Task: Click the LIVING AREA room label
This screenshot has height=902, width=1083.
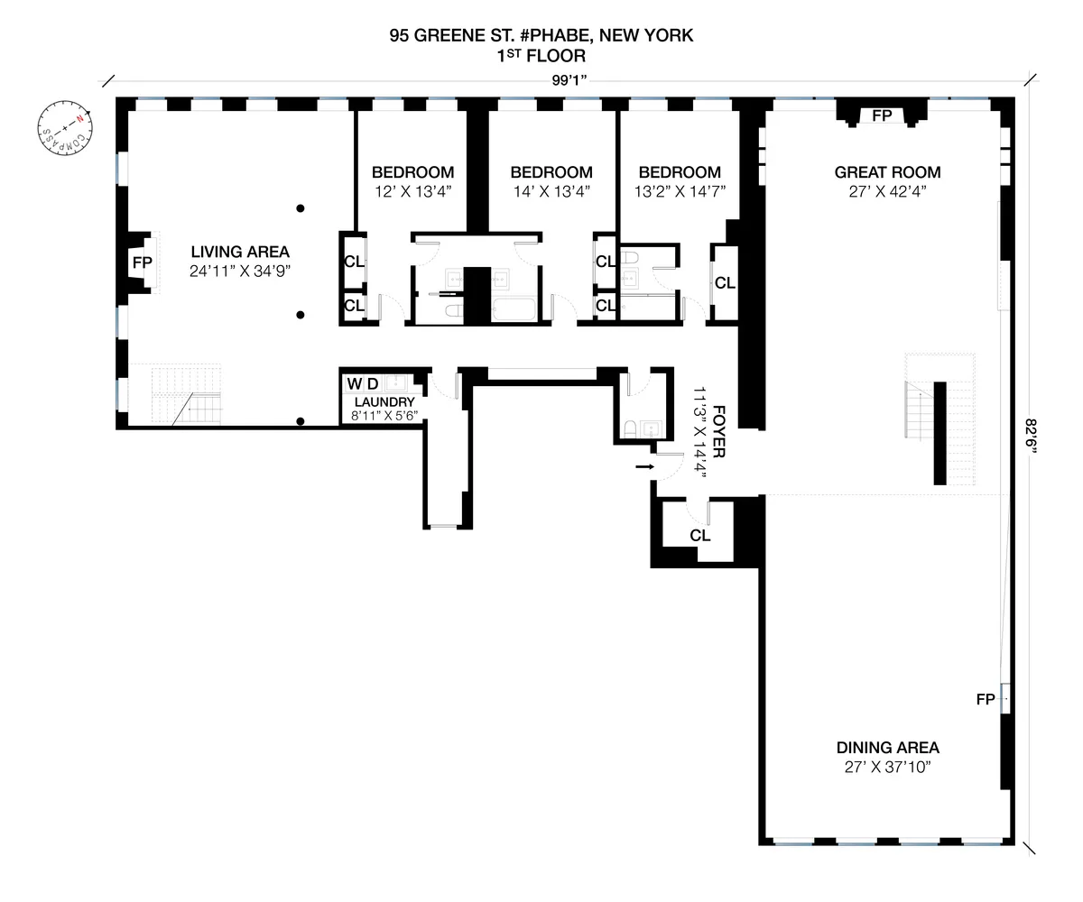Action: coord(239,252)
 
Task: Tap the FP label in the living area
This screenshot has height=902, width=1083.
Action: coord(142,262)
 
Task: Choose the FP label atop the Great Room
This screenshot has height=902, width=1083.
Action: coord(881,115)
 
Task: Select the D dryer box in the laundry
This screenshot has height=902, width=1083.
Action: coord(372,383)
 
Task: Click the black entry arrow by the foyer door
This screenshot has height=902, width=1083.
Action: coord(643,466)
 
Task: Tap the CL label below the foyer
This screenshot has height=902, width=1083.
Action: coord(699,535)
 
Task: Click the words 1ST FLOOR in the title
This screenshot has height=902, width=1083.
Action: coord(541,56)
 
